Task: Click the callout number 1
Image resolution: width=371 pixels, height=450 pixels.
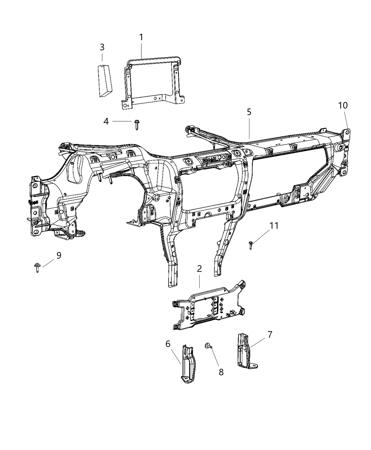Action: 141,37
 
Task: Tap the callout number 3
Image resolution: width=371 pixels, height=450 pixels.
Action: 102,47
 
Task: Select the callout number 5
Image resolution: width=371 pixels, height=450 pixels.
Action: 249,112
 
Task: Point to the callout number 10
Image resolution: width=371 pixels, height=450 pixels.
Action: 342,105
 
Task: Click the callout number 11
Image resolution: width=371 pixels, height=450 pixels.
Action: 274,226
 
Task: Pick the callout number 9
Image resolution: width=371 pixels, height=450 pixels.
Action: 59,255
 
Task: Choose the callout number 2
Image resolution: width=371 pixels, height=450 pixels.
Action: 199,269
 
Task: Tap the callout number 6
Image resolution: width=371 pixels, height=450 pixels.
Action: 168,343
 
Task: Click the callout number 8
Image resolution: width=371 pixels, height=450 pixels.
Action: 221,372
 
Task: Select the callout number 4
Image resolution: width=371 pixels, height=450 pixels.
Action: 106,121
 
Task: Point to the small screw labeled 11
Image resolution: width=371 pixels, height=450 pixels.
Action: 251,245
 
